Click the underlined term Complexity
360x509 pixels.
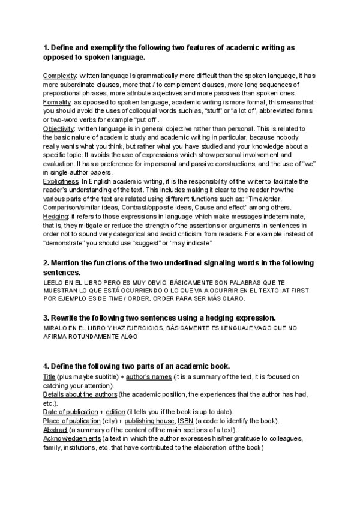59,76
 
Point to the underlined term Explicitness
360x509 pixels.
61,181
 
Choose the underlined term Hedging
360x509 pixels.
56,216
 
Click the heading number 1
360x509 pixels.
46,47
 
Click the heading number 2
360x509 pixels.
46,263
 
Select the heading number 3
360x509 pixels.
46,317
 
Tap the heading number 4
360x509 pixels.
46,366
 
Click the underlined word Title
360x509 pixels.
49,376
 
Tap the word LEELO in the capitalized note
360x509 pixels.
54,282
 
